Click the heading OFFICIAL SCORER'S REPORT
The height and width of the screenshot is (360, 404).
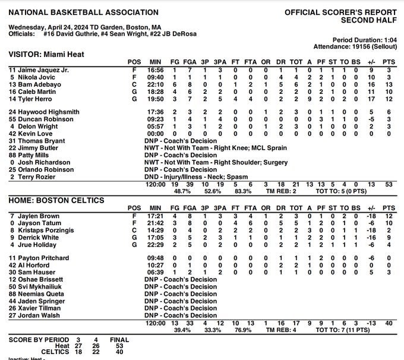(339, 12)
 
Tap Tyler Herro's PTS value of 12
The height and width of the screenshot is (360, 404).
(387, 99)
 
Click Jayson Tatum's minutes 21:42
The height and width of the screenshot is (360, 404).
(155, 223)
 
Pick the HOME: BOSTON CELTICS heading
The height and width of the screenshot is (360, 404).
(56, 200)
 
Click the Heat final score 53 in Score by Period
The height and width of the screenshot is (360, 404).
(119, 346)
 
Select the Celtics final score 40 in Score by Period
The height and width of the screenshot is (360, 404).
(119, 353)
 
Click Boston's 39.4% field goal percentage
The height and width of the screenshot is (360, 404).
(179, 330)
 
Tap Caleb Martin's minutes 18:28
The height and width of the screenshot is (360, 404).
(155, 91)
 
